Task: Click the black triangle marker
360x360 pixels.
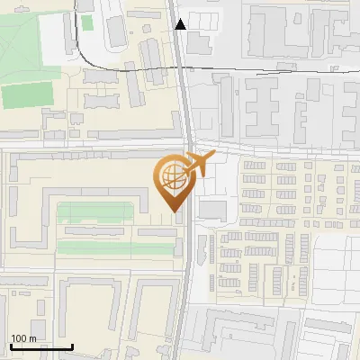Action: (x=182, y=24)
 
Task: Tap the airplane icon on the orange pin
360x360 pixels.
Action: (x=197, y=165)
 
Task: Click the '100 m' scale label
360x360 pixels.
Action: (x=24, y=338)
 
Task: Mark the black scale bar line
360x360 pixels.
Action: (x=41, y=346)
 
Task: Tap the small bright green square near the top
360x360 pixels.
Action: (x=86, y=22)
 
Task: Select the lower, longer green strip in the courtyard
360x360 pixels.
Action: (x=114, y=247)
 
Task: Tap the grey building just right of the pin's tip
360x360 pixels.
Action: (x=212, y=210)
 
